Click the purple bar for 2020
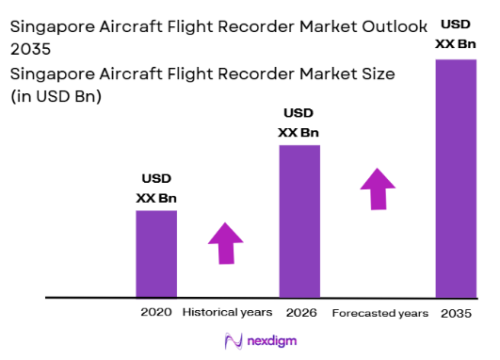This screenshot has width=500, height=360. [156, 254]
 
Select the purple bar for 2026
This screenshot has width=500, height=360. [299, 221]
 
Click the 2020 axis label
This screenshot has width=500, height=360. [156, 312]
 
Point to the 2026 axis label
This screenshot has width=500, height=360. [299, 312]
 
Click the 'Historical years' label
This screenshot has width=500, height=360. [227, 312]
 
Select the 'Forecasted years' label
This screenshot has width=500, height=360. [380, 312]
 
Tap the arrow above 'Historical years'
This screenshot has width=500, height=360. [226, 243]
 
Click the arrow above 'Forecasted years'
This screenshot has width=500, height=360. [379, 189]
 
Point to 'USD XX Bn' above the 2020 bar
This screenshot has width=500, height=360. [156, 188]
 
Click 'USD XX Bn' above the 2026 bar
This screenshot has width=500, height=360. [299, 123]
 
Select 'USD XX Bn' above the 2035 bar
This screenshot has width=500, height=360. [455, 33]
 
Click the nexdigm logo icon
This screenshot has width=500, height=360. [233, 341]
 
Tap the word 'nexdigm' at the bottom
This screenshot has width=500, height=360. [268, 342]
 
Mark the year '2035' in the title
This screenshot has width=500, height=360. [29, 50]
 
